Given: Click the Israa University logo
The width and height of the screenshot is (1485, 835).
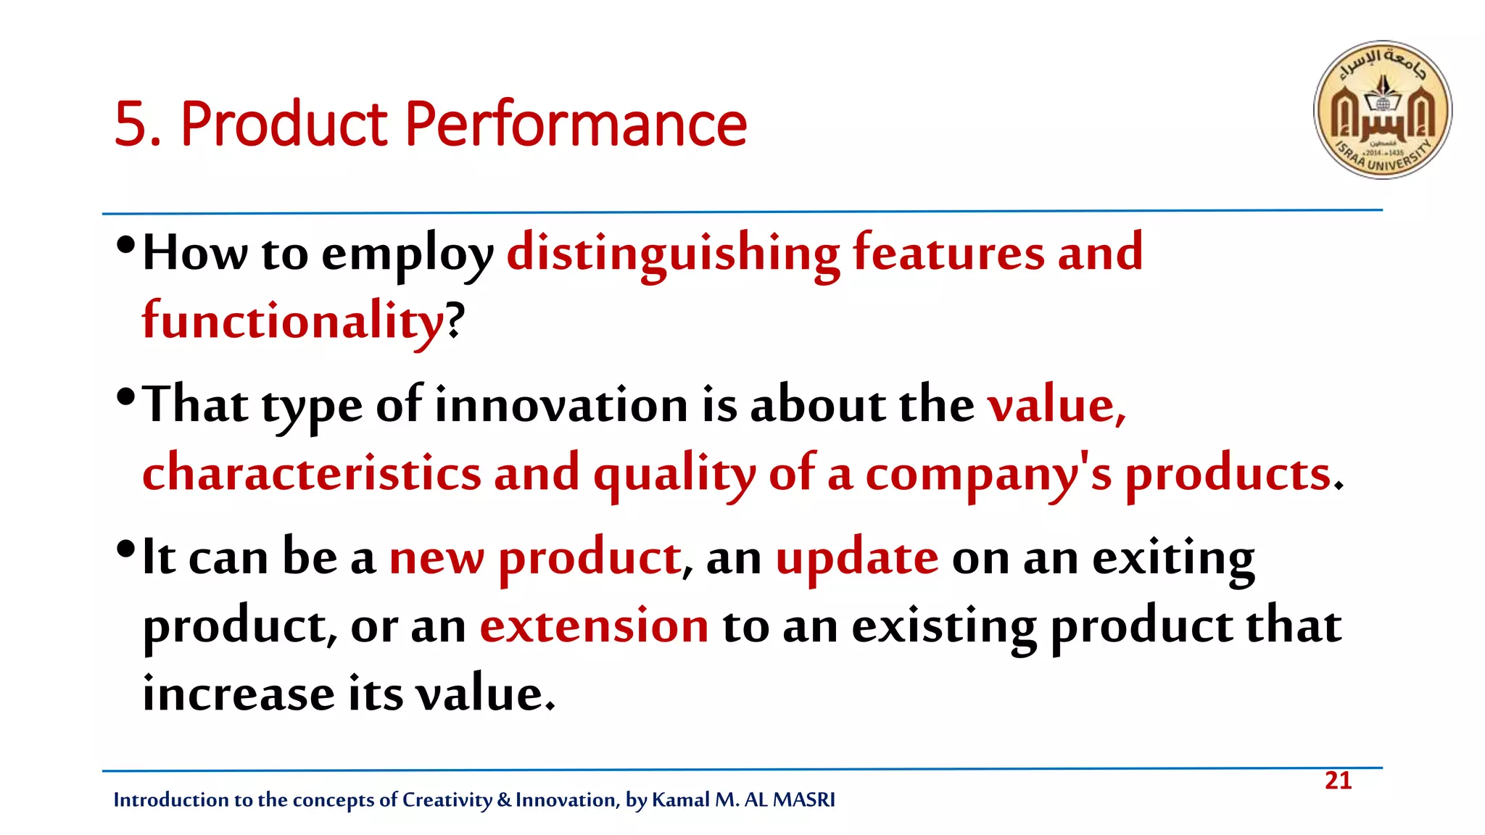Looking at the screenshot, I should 1382,109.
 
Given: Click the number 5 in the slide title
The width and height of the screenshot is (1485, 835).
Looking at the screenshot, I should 130,125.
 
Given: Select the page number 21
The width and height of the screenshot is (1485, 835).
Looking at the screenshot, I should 1338,781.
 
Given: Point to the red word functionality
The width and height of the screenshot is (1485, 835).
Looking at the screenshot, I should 292,320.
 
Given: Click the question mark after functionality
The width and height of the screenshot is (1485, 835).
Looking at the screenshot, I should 455,320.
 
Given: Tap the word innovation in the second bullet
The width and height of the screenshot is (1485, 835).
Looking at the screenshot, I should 561,404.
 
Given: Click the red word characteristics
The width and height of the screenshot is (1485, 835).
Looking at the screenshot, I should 312,473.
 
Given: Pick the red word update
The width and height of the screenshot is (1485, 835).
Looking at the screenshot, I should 856,558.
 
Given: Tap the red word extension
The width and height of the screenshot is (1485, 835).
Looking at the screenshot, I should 594,626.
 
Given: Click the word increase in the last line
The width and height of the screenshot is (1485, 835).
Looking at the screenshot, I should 238,694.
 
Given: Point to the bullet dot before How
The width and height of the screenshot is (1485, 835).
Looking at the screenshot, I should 125,245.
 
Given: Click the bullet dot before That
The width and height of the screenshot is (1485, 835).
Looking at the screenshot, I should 125,396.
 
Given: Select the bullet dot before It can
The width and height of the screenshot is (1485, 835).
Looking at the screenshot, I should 125,549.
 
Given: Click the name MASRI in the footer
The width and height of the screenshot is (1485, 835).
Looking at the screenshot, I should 803,799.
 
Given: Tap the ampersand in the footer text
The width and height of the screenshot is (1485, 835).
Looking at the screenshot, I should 504,799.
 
